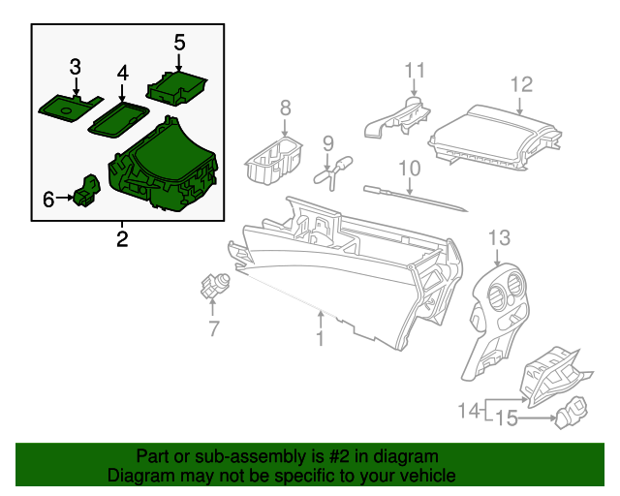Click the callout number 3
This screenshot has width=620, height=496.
tap(75, 67)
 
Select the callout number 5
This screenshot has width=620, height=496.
tap(179, 43)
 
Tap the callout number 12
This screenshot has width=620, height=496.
tap(522, 84)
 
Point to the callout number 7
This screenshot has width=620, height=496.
tap(213, 329)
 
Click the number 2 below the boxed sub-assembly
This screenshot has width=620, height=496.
tap(122, 238)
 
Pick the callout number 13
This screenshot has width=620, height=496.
tap(498, 237)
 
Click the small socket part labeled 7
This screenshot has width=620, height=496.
tap(213, 286)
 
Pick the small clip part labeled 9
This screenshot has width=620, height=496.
tap(332, 172)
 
